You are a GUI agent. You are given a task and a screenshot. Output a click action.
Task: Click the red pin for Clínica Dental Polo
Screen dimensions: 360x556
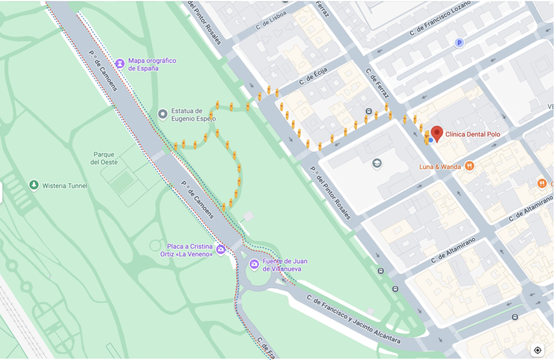(x=437, y=133)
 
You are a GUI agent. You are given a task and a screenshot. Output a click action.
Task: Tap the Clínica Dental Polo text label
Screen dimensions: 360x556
(x=472, y=134)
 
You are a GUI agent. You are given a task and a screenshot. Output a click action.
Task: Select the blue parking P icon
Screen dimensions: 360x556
(x=459, y=43)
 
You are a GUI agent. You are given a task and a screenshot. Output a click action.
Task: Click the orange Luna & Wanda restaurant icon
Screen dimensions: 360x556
(x=470, y=166)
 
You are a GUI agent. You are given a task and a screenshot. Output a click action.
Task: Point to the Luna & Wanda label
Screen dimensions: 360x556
(x=440, y=167)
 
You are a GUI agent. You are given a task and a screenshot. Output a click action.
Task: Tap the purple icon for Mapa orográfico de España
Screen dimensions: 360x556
(x=120, y=64)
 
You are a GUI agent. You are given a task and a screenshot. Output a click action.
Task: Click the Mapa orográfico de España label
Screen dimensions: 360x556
(x=152, y=65)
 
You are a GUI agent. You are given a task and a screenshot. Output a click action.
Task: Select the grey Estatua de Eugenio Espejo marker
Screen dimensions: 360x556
(x=162, y=114)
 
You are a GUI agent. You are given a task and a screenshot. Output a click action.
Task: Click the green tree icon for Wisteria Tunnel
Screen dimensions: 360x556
(x=34, y=186)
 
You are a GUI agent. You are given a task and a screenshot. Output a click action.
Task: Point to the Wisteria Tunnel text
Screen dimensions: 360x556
(x=65, y=186)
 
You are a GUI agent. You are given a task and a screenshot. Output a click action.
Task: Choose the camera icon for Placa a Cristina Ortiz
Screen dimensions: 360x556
(x=220, y=250)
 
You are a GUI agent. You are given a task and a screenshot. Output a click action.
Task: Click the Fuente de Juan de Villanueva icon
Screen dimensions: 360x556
(x=254, y=264)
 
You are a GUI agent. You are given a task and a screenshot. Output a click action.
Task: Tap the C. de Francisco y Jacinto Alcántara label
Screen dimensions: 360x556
(x=353, y=319)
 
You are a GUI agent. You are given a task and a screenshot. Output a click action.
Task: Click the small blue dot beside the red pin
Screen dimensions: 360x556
(x=431, y=140)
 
